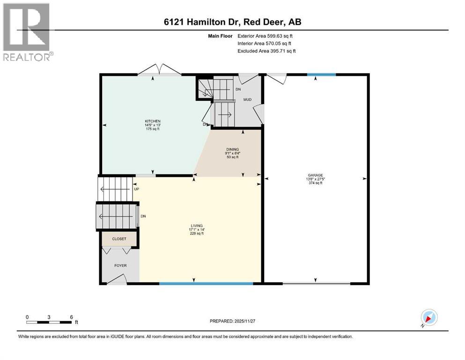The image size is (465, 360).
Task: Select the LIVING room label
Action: pos(196,225)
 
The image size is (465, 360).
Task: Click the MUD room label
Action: pos(247,99)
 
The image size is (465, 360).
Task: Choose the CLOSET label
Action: pos(119,239)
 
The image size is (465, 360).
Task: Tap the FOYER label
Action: pos(120,265)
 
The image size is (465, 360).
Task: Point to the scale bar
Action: pos(49,322)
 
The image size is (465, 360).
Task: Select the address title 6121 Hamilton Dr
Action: pos(232,22)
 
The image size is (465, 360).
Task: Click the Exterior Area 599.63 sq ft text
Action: pos(266,36)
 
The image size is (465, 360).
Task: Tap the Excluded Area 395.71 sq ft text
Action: pos(266,51)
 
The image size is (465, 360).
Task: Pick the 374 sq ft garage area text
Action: pos(315,183)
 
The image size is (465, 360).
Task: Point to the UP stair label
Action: pos(137,189)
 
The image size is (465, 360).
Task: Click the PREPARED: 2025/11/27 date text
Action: pos(232,321)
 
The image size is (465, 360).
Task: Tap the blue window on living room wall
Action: pos(206,283)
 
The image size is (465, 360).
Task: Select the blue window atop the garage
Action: pos(321,75)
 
